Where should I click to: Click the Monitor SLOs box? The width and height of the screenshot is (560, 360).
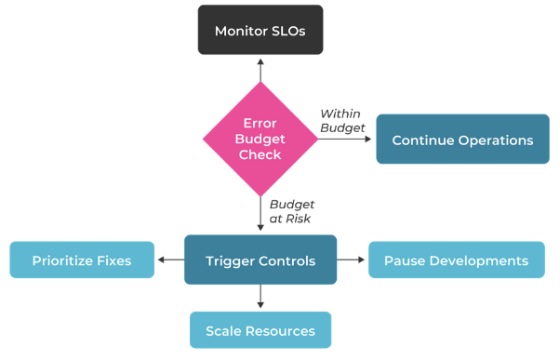260,31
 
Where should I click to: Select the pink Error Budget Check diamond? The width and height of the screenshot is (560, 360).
260,139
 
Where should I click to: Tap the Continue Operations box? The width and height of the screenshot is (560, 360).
462,140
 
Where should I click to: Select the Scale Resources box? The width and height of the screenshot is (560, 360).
260,330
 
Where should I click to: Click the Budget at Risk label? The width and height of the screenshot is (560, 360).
292,210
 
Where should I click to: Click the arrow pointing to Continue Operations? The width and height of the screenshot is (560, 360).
346,140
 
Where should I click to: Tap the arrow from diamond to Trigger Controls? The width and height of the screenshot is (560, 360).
260,214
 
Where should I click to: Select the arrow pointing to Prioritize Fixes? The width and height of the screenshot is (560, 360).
170,260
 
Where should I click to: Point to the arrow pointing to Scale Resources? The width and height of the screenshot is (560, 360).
260,297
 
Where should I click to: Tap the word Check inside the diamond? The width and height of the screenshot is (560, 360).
260,154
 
